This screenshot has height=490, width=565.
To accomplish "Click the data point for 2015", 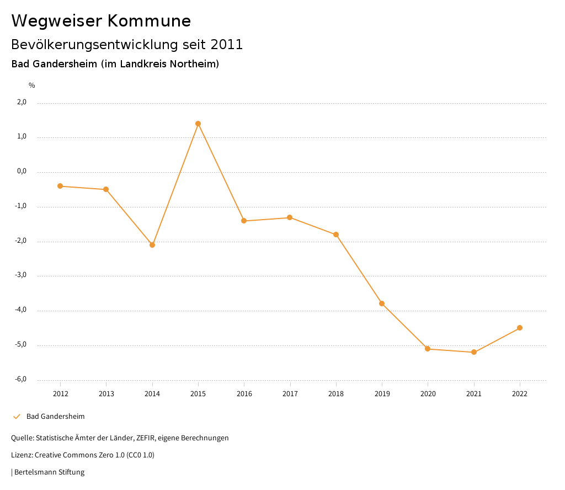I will point(198,124).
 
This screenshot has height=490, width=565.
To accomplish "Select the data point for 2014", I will point(152,245).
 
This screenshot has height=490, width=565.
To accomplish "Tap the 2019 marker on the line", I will point(382,303).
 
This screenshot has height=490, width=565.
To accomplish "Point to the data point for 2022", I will point(520,328).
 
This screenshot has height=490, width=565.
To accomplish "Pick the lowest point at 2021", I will point(474,352).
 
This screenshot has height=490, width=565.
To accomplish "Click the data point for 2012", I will point(60,186).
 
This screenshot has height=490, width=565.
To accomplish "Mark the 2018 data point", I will point(336,235).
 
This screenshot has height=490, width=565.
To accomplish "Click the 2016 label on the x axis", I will point(244,393).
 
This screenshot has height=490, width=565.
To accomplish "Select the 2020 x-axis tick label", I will point(428,393).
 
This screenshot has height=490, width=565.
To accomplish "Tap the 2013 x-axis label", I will point(106,393).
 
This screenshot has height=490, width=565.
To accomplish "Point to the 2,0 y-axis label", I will point(22,102).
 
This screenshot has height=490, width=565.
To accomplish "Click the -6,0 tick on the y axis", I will point(21,379).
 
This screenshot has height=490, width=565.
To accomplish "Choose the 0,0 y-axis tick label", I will point(22,171).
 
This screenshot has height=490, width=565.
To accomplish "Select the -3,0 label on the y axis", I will point(21,275).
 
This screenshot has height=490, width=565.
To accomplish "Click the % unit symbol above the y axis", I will point(32,86).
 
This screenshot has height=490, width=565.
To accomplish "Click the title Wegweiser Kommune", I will point(101,21).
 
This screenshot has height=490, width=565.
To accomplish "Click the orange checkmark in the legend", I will point(17,416).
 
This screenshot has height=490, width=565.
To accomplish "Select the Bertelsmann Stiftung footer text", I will point(49,472).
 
